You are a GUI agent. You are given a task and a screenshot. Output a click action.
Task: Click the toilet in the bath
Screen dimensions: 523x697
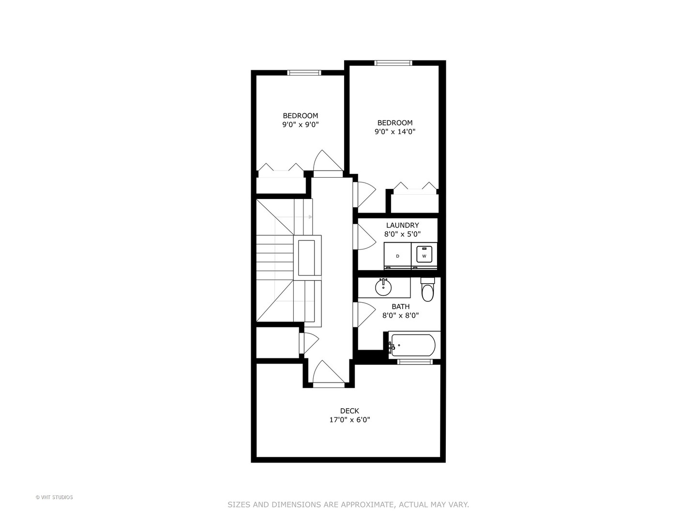click(427, 291)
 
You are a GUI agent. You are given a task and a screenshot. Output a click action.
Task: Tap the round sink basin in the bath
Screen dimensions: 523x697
click(383, 288)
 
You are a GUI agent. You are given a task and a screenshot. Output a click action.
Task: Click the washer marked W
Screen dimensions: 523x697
click(424, 255)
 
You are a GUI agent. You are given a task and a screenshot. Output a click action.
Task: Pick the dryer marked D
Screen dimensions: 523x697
click(397, 256)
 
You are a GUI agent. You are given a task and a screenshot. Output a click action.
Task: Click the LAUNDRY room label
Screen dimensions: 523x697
click(402, 225)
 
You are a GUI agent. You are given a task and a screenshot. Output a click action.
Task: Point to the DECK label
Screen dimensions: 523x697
click(349, 411)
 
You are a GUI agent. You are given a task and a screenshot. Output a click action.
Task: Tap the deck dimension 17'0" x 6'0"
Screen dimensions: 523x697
click(349, 420)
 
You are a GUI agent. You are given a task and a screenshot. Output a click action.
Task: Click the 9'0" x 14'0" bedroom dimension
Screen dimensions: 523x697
click(395, 131)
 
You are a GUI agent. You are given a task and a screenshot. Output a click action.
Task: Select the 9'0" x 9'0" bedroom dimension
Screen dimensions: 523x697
click(301, 124)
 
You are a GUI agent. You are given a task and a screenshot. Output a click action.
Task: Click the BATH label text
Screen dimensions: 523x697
click(400, 307)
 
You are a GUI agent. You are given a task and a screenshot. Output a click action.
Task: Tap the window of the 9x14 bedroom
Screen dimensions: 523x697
click(393, 62)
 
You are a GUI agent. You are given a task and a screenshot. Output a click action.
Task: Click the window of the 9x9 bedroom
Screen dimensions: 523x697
click(304, 73)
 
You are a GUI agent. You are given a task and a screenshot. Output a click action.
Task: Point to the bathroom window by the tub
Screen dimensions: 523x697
click(415, 361)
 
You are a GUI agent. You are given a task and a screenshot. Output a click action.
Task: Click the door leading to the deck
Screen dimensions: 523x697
click(329, 374)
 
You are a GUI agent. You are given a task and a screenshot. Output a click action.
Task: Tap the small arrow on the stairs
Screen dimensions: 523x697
click(309, 217)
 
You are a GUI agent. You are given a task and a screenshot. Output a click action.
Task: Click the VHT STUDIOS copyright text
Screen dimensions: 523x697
click(54, 497)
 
